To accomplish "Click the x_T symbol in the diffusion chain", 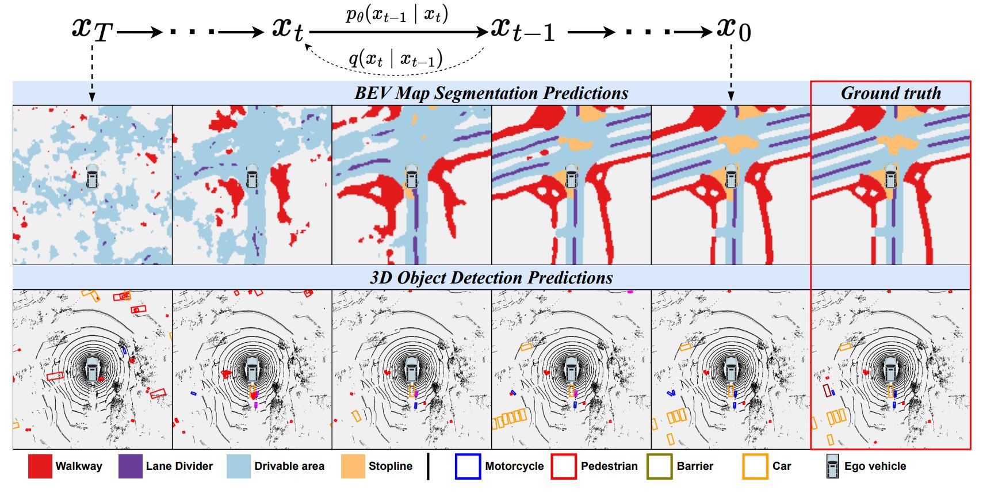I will point(91,29).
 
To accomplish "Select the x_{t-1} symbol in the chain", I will point(523,29).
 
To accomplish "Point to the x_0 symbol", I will point(733,29).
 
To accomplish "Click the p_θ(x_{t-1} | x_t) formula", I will point(397,14).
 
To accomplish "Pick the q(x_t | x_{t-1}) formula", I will point(396,59).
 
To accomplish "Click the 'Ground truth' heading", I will point(890,93).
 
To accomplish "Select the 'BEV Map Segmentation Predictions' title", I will point(491,93).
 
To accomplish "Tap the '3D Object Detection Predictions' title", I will point(491,278).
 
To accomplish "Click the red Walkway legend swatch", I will point(40,466).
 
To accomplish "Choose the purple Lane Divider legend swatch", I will point(131,466).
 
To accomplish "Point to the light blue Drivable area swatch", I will point(239,466).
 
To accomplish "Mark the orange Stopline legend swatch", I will point(353,466).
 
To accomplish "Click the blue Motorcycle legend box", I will point(468,466).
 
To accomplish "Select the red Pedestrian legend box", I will point(564,466).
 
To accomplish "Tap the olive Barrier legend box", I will point(660,466).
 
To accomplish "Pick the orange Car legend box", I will point(755,466).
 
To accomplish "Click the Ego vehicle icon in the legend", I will point(832,466).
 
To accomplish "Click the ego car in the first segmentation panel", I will point(92,176).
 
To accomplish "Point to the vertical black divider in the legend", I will point(428,466).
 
